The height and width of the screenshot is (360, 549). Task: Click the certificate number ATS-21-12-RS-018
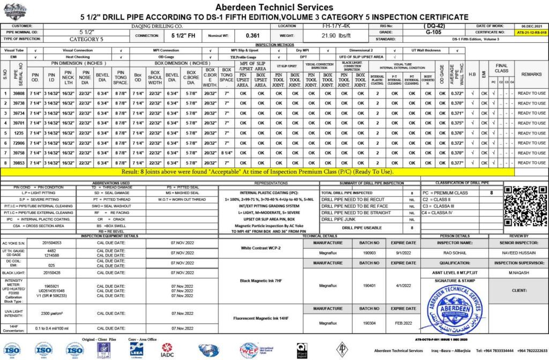tap(531, 33)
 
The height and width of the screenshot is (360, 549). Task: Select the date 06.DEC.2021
tap(531, 26)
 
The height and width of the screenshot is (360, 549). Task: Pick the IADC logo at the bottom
tap(167, 350)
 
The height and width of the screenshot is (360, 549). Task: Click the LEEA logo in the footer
tap(136, 349)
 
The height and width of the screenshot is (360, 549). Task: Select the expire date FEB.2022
tap(403, 323)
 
